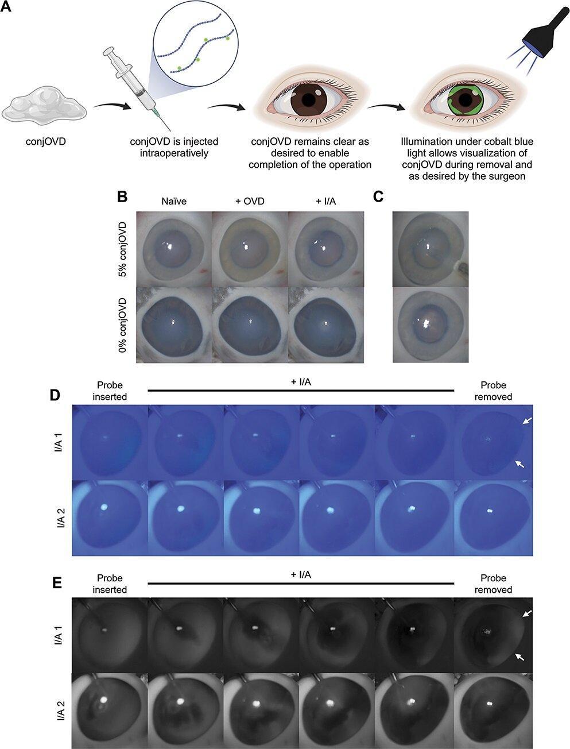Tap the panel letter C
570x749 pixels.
click(378, 196)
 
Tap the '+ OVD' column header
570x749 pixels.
click(249, 202)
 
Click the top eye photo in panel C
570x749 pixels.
click(430, 248)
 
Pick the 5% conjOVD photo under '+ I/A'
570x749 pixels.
click(325, 248)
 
